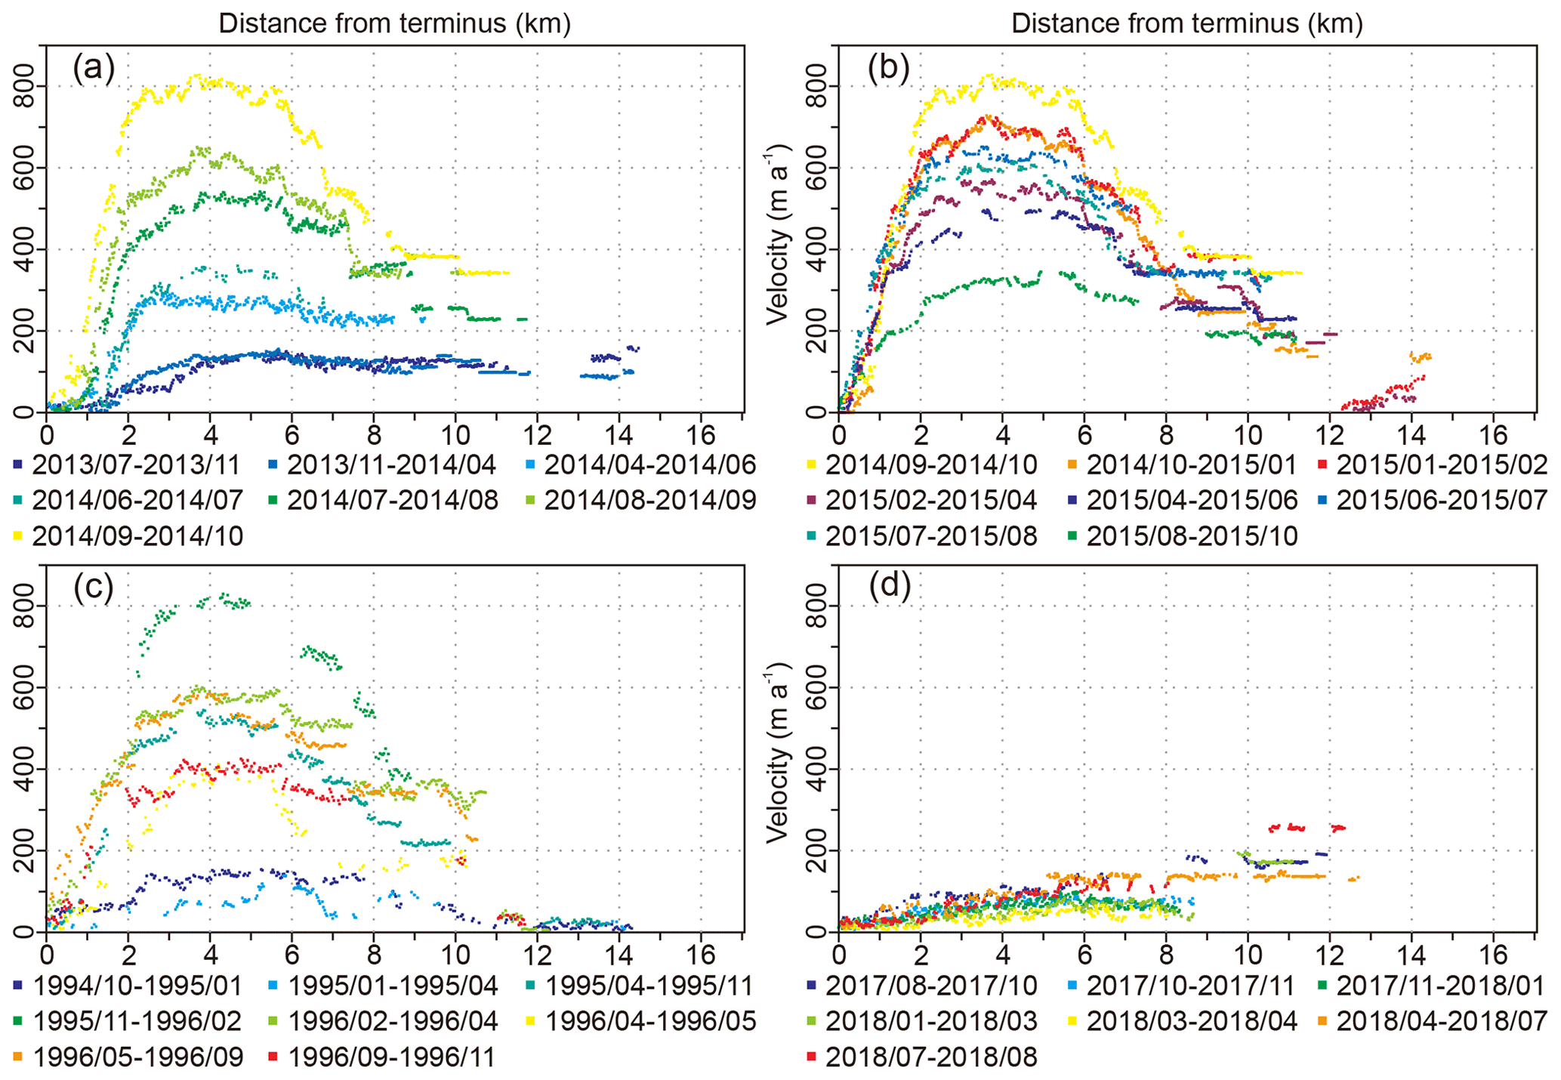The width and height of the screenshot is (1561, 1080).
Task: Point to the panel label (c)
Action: [x=94, y=588]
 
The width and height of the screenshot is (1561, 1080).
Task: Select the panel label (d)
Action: [x=889, y=588]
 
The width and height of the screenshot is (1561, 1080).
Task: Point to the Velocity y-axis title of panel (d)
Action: [x=779, y=752]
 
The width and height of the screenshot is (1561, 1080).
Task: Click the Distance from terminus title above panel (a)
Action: [x=394, y=24]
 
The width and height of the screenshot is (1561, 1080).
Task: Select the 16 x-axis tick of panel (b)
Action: [x=1493, y=436]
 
